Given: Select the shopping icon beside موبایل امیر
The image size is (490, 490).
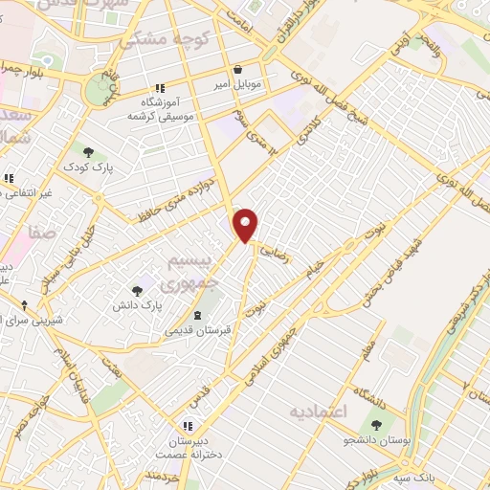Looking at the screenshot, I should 237,68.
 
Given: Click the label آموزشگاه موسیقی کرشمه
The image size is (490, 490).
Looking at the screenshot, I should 162,108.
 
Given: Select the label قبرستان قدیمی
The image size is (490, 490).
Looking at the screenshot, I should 197,331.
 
